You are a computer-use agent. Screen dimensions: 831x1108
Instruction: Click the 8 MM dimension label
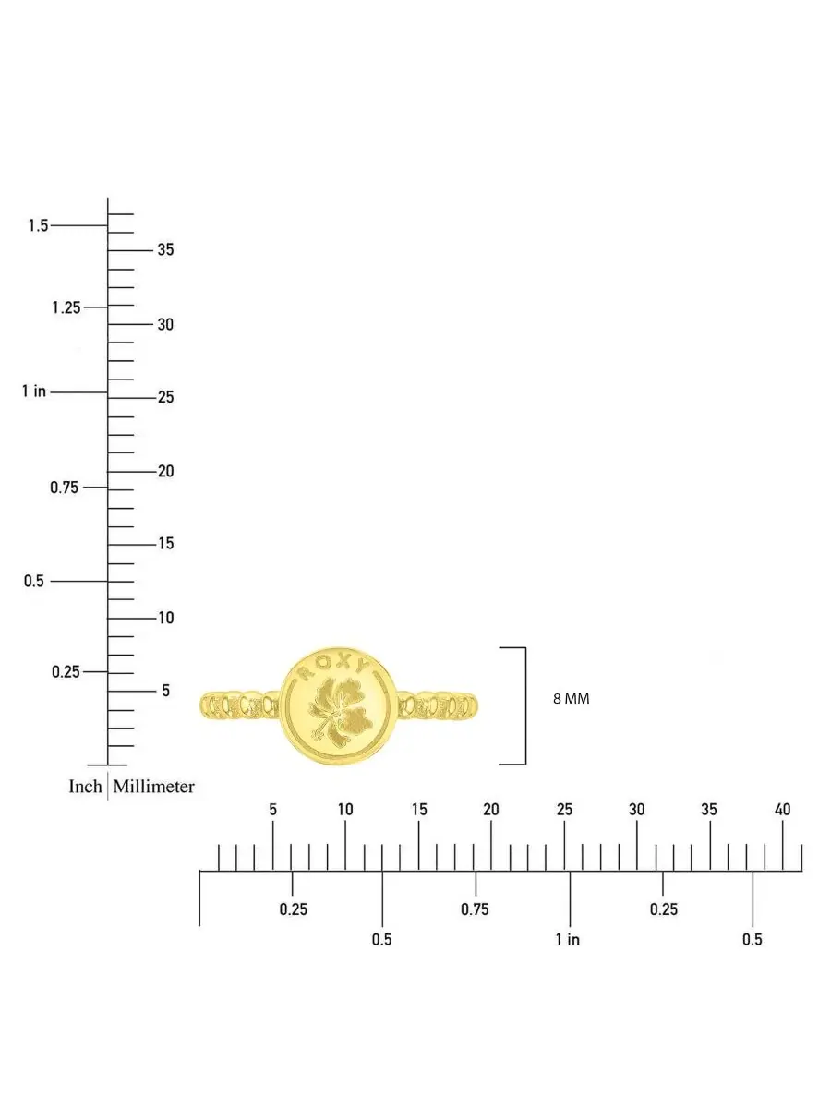click(572, 699)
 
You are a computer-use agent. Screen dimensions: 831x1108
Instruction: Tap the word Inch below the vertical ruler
click(85, 787)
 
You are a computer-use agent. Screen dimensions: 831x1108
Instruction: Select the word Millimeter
click(154, 787)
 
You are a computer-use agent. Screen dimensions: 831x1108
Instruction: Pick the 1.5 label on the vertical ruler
click(39, 225)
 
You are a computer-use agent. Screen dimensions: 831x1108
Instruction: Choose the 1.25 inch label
click(66, 307)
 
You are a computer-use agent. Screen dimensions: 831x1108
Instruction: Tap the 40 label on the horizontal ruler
click(783, 810)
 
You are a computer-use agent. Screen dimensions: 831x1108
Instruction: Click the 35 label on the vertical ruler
click(165, 249)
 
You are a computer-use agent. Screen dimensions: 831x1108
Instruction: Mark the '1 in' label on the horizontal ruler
click(568, 939)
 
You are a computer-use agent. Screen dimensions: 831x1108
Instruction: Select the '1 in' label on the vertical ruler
click(34, 391)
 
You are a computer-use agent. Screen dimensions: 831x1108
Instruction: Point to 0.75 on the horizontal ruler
click(475, 909)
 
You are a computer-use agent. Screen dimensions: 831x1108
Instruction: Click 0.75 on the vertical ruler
click(64, 488)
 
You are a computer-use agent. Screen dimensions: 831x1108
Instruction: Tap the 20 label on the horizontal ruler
click(491, 810)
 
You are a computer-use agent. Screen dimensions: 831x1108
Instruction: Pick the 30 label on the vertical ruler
click(165, 324)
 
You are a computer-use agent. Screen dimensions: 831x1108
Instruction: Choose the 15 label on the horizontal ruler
click(419, 810)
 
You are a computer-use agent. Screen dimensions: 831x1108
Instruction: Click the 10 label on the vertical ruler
click(166, 618)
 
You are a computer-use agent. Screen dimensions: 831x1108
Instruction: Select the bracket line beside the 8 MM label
click(525, 706)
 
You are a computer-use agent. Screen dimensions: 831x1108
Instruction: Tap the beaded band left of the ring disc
click(240, 704)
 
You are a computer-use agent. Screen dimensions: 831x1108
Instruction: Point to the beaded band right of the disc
click(438, 704)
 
